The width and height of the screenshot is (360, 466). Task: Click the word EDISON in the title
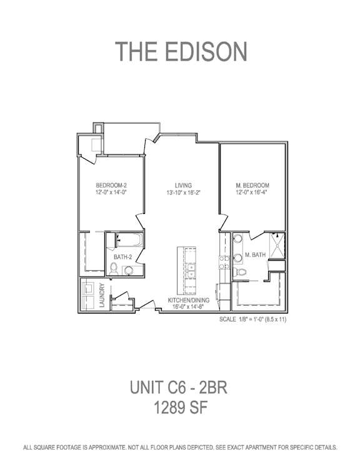(x=205, y=51)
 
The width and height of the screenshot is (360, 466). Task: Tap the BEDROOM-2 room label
(x=111, y=185)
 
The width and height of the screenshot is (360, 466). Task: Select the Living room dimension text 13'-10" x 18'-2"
(x=183, y=193)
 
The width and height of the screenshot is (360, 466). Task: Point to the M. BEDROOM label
(x=252, y=185)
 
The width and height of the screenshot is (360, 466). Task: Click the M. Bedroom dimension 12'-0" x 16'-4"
(x=252, y=192)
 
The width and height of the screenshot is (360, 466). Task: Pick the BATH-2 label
(x=122, y=257)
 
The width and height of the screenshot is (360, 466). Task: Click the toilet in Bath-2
(x=113, y=269)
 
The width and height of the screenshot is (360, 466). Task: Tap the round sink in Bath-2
(x=129, y=270)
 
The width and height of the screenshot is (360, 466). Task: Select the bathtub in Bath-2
(x=129, y=240)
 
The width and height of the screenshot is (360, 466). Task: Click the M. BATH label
(x=255, y=255)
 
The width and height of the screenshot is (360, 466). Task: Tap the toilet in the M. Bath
(x=239, y=271)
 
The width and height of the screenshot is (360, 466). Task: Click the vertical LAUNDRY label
(x=102, y=295)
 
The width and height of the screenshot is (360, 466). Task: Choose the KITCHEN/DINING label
(x=189, y=300)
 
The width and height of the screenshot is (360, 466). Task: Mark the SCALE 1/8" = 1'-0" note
(x=252, y=320)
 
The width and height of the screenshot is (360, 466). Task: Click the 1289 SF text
(x=180, y=407)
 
